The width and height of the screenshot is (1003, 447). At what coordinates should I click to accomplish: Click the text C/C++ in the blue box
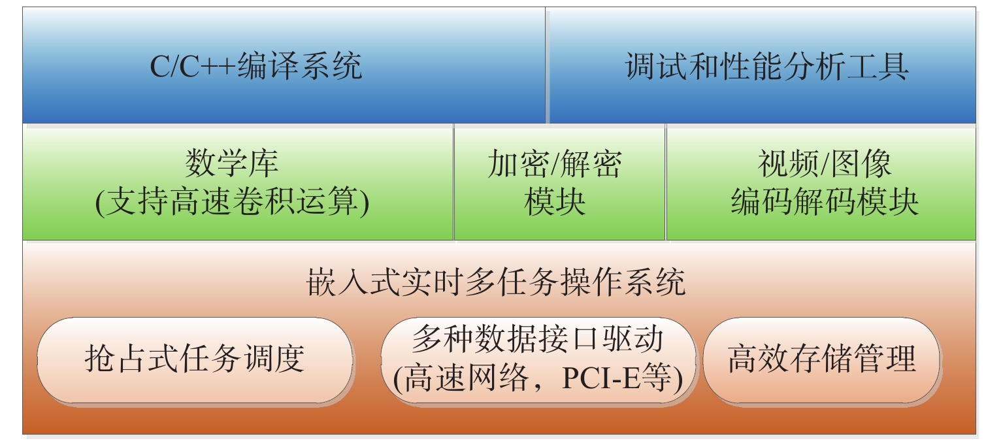pyautogui.click(x=193, y=66)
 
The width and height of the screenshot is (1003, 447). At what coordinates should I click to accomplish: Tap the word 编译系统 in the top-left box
pyautogui.click(x=299, y=66)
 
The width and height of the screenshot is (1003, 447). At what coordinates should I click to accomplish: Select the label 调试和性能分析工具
pyautogui.click(x=766, y=66)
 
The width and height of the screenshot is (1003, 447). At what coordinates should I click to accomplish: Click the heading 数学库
pyautogui.click(x=232, y=163)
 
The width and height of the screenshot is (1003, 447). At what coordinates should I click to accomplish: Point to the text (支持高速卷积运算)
pyautogui.click(x=232, y=201)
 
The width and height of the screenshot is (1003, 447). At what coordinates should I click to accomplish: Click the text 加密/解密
pyautogui.click(x=555, y=164)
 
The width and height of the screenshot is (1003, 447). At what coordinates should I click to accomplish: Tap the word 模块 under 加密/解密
pyautogui.click(x=555, y=201)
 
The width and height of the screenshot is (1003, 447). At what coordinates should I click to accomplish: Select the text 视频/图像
pyautogui.click(x=825, y=164)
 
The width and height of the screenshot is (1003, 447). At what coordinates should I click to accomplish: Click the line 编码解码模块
pyautogui.click(x=825, y=201)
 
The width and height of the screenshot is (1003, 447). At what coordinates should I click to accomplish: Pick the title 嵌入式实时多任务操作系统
pyautogui.click(x=496, y=282)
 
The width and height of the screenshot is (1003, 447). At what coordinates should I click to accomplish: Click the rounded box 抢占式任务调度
pyautogui.click(x=195, y=360)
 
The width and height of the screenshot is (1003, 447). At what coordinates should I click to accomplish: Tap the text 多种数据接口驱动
pyautogui.click(x=537, y=339)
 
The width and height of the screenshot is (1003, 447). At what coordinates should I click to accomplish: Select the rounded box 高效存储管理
pyautogui.click(x=821, y=360)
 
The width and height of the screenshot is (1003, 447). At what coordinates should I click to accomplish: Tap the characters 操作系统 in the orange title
pyautogui.click(x=623, y=282)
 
